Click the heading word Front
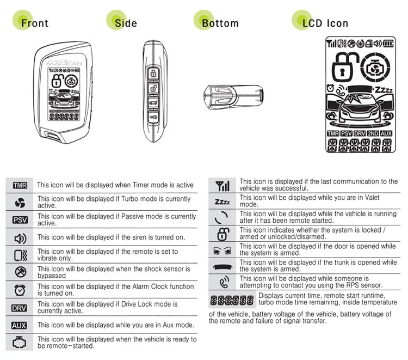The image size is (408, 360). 35,23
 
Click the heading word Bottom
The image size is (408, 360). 220,23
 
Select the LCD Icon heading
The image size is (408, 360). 325,23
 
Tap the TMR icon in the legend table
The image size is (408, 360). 20,186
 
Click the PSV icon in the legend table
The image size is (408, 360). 20,220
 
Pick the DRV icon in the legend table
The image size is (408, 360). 19,308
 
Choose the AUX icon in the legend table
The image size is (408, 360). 19,325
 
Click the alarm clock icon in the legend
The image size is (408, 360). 20,290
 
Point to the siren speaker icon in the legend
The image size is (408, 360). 20,239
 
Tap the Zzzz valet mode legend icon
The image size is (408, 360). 222,202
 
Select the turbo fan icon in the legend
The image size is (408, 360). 20,203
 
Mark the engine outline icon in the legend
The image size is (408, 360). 19,342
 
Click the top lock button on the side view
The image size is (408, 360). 153,73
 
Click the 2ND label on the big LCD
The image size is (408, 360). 373,133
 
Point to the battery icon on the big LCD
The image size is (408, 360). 388,44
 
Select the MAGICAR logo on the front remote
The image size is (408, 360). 64,63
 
